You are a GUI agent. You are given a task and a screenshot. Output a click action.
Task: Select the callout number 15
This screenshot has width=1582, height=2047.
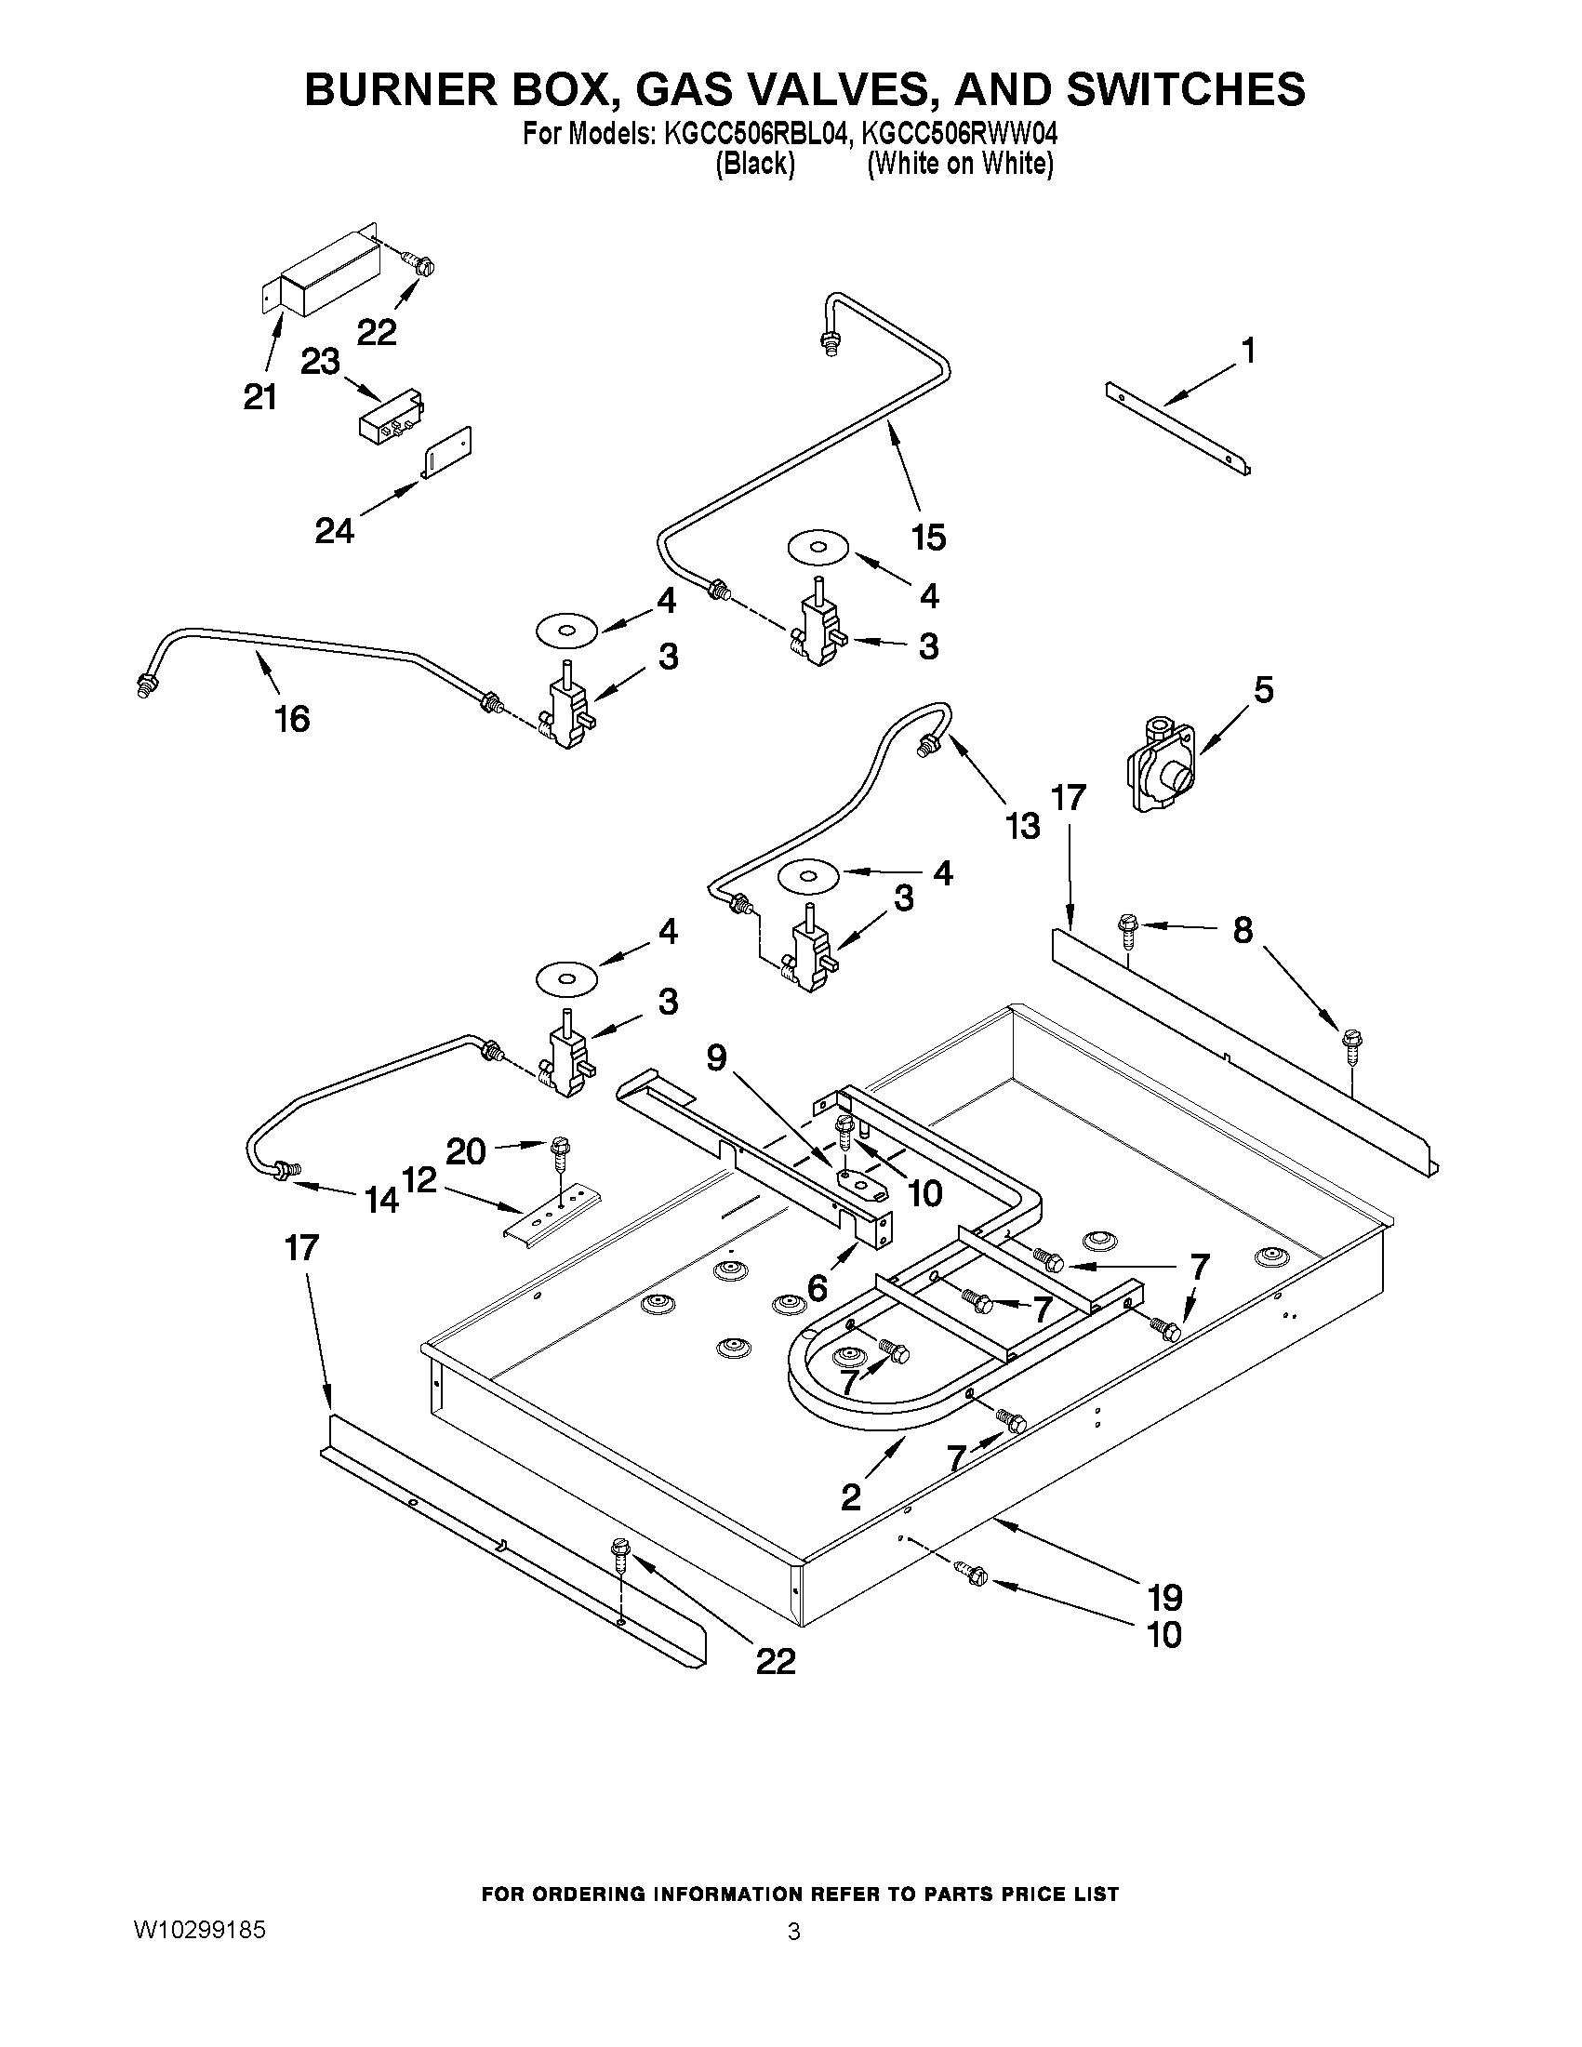point(928,538)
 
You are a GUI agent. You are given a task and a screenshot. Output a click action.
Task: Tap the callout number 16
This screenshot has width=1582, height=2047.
point(292,720)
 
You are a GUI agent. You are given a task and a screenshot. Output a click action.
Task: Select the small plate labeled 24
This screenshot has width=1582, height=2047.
point(446,453)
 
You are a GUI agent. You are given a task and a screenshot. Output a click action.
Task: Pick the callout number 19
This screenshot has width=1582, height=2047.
point(1163,1596)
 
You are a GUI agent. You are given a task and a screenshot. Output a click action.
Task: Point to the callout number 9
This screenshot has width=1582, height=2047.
point(716,1058)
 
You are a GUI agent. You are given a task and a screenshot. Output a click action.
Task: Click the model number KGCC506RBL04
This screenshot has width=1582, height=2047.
point(757,135)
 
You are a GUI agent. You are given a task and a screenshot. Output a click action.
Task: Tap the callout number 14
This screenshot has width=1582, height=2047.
point(381,1200)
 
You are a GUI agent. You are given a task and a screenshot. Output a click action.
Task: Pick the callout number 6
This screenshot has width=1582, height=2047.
point(818,1288)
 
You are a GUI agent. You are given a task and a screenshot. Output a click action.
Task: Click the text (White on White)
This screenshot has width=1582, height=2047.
point(961,165)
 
